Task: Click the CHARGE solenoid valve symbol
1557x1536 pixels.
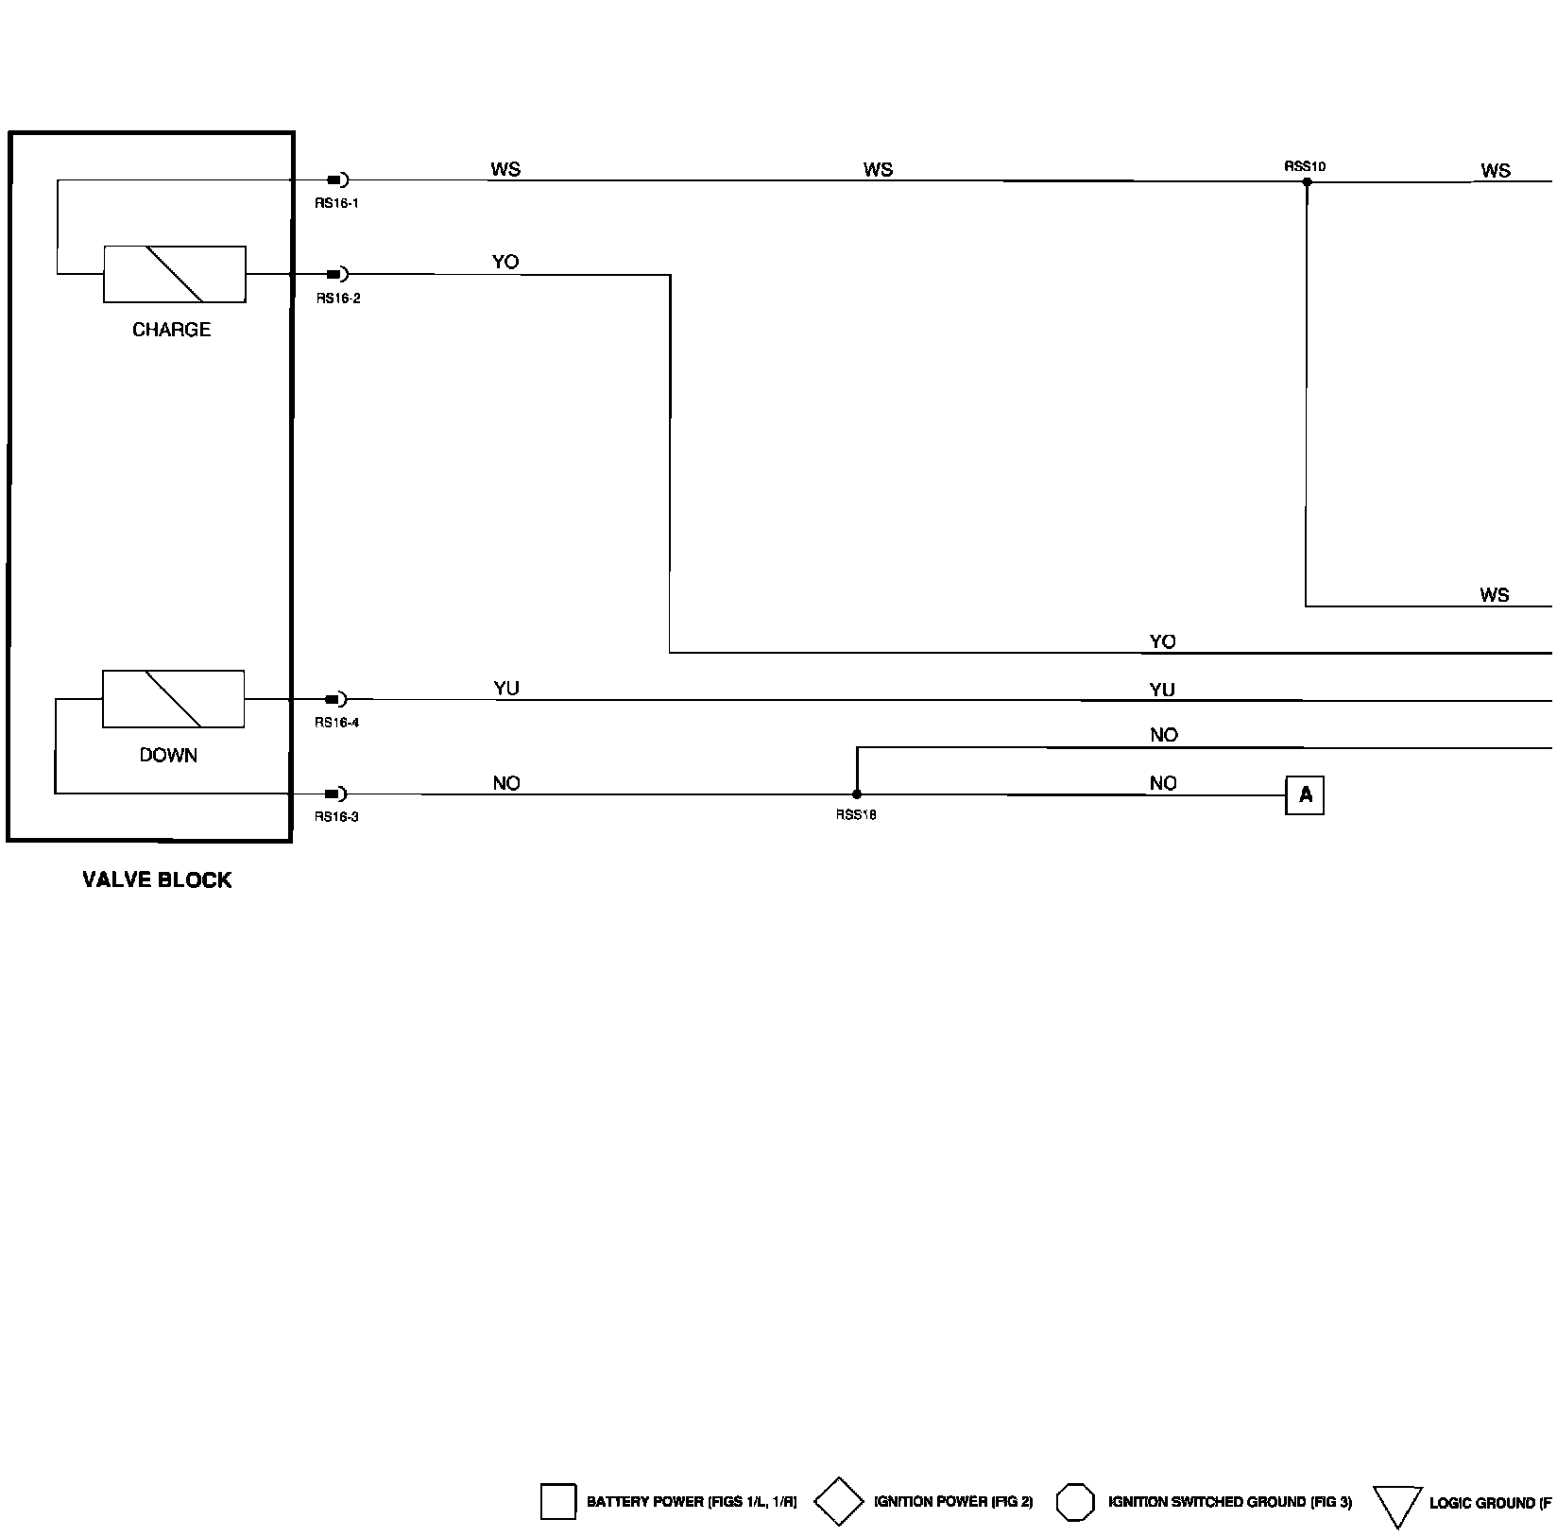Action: (x=175, y=275)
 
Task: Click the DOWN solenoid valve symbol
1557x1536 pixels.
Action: (x=173, y=699)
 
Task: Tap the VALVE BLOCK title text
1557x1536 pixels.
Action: (x=157, y=880)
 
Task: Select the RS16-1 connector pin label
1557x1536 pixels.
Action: (x=337, y=203)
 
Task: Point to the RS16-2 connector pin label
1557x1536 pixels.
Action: (x=338, y=299)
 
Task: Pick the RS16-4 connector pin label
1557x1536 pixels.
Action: (x=337, y=723)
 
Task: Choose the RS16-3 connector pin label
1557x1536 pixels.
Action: (x=337, y=817)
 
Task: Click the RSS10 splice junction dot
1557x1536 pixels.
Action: (x=1307, y=181)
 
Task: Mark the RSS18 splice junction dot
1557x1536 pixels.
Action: (x=857, y=794)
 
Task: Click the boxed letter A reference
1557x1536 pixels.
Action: (x=1305, y=795)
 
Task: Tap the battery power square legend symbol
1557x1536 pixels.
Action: (x=557, y=1501)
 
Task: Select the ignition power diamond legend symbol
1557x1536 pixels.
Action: (x=839, y=1501)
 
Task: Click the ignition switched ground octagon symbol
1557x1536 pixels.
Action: (x=1075, y=1501)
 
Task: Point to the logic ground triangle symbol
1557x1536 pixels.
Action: (x=1397, y=1505)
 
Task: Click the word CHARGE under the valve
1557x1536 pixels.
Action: (x=171, y=330)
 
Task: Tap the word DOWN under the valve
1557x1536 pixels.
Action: (x=168, y=755)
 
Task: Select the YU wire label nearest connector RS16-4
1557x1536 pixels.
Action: (x=506, y=689)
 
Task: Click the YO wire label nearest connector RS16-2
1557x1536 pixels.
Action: (x=505, y=263)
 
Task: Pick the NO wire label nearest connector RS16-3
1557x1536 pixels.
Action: (x=506, y=783)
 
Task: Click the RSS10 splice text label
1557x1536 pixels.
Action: (x=1305, y=166)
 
